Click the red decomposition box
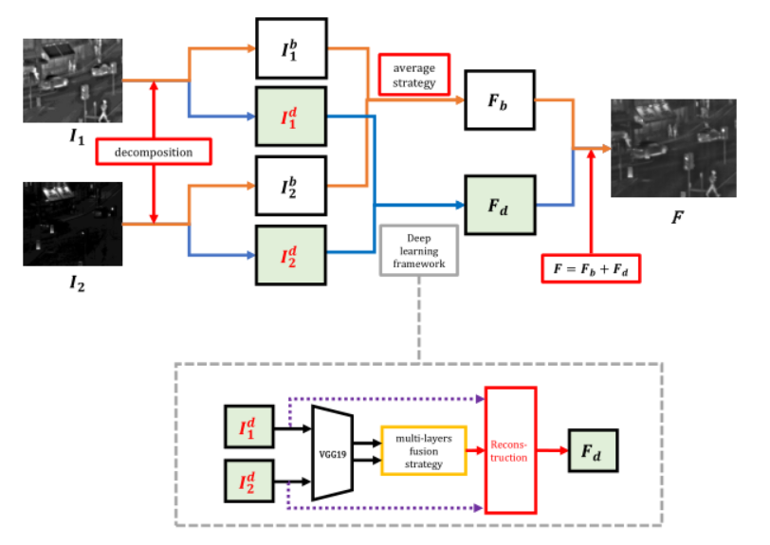point(153,152)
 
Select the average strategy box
point(412,75)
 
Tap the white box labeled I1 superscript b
point(290,47)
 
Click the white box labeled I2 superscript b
point(290,185)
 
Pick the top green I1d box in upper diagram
point(290,117)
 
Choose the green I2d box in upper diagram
point(290,255)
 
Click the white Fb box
point(498,100)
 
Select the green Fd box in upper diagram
point(498,204)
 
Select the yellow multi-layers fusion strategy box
point(423,450)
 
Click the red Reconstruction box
point(510,449)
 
